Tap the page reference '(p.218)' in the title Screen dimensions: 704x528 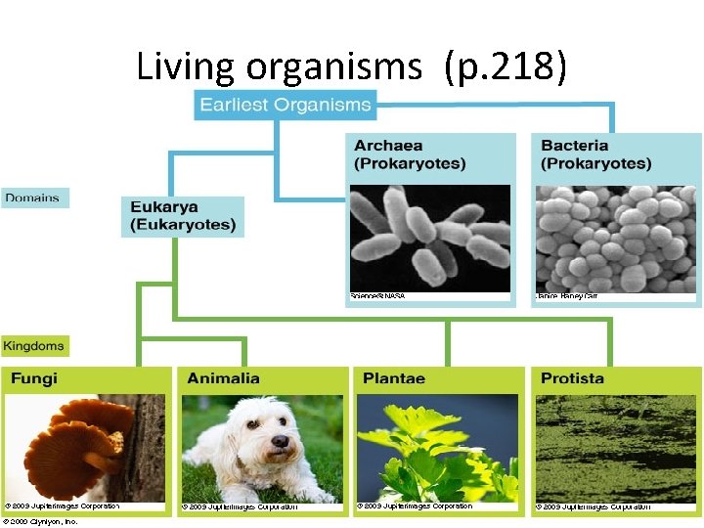tap(505, 67)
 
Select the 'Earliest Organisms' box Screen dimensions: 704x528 tap(286, 105)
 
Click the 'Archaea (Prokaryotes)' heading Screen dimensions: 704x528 tap(410, 154)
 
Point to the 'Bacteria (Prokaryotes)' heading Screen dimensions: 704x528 tap(595, 154)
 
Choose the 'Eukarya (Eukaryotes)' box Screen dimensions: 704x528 tap(183, 216)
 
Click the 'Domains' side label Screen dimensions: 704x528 tap(32, 198)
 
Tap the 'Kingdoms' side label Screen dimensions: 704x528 tap(34, 346)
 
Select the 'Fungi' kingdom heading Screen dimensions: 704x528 tap(35, 378)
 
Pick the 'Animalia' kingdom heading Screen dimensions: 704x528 tap(224, 378)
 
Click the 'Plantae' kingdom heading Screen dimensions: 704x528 tap(394, 378)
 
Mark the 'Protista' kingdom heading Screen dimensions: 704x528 tap(573, 378)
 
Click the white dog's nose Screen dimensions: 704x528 tap(281, 441)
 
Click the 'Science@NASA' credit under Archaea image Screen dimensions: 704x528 tap(377, 295)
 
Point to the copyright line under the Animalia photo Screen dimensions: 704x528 tap(240, 507)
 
